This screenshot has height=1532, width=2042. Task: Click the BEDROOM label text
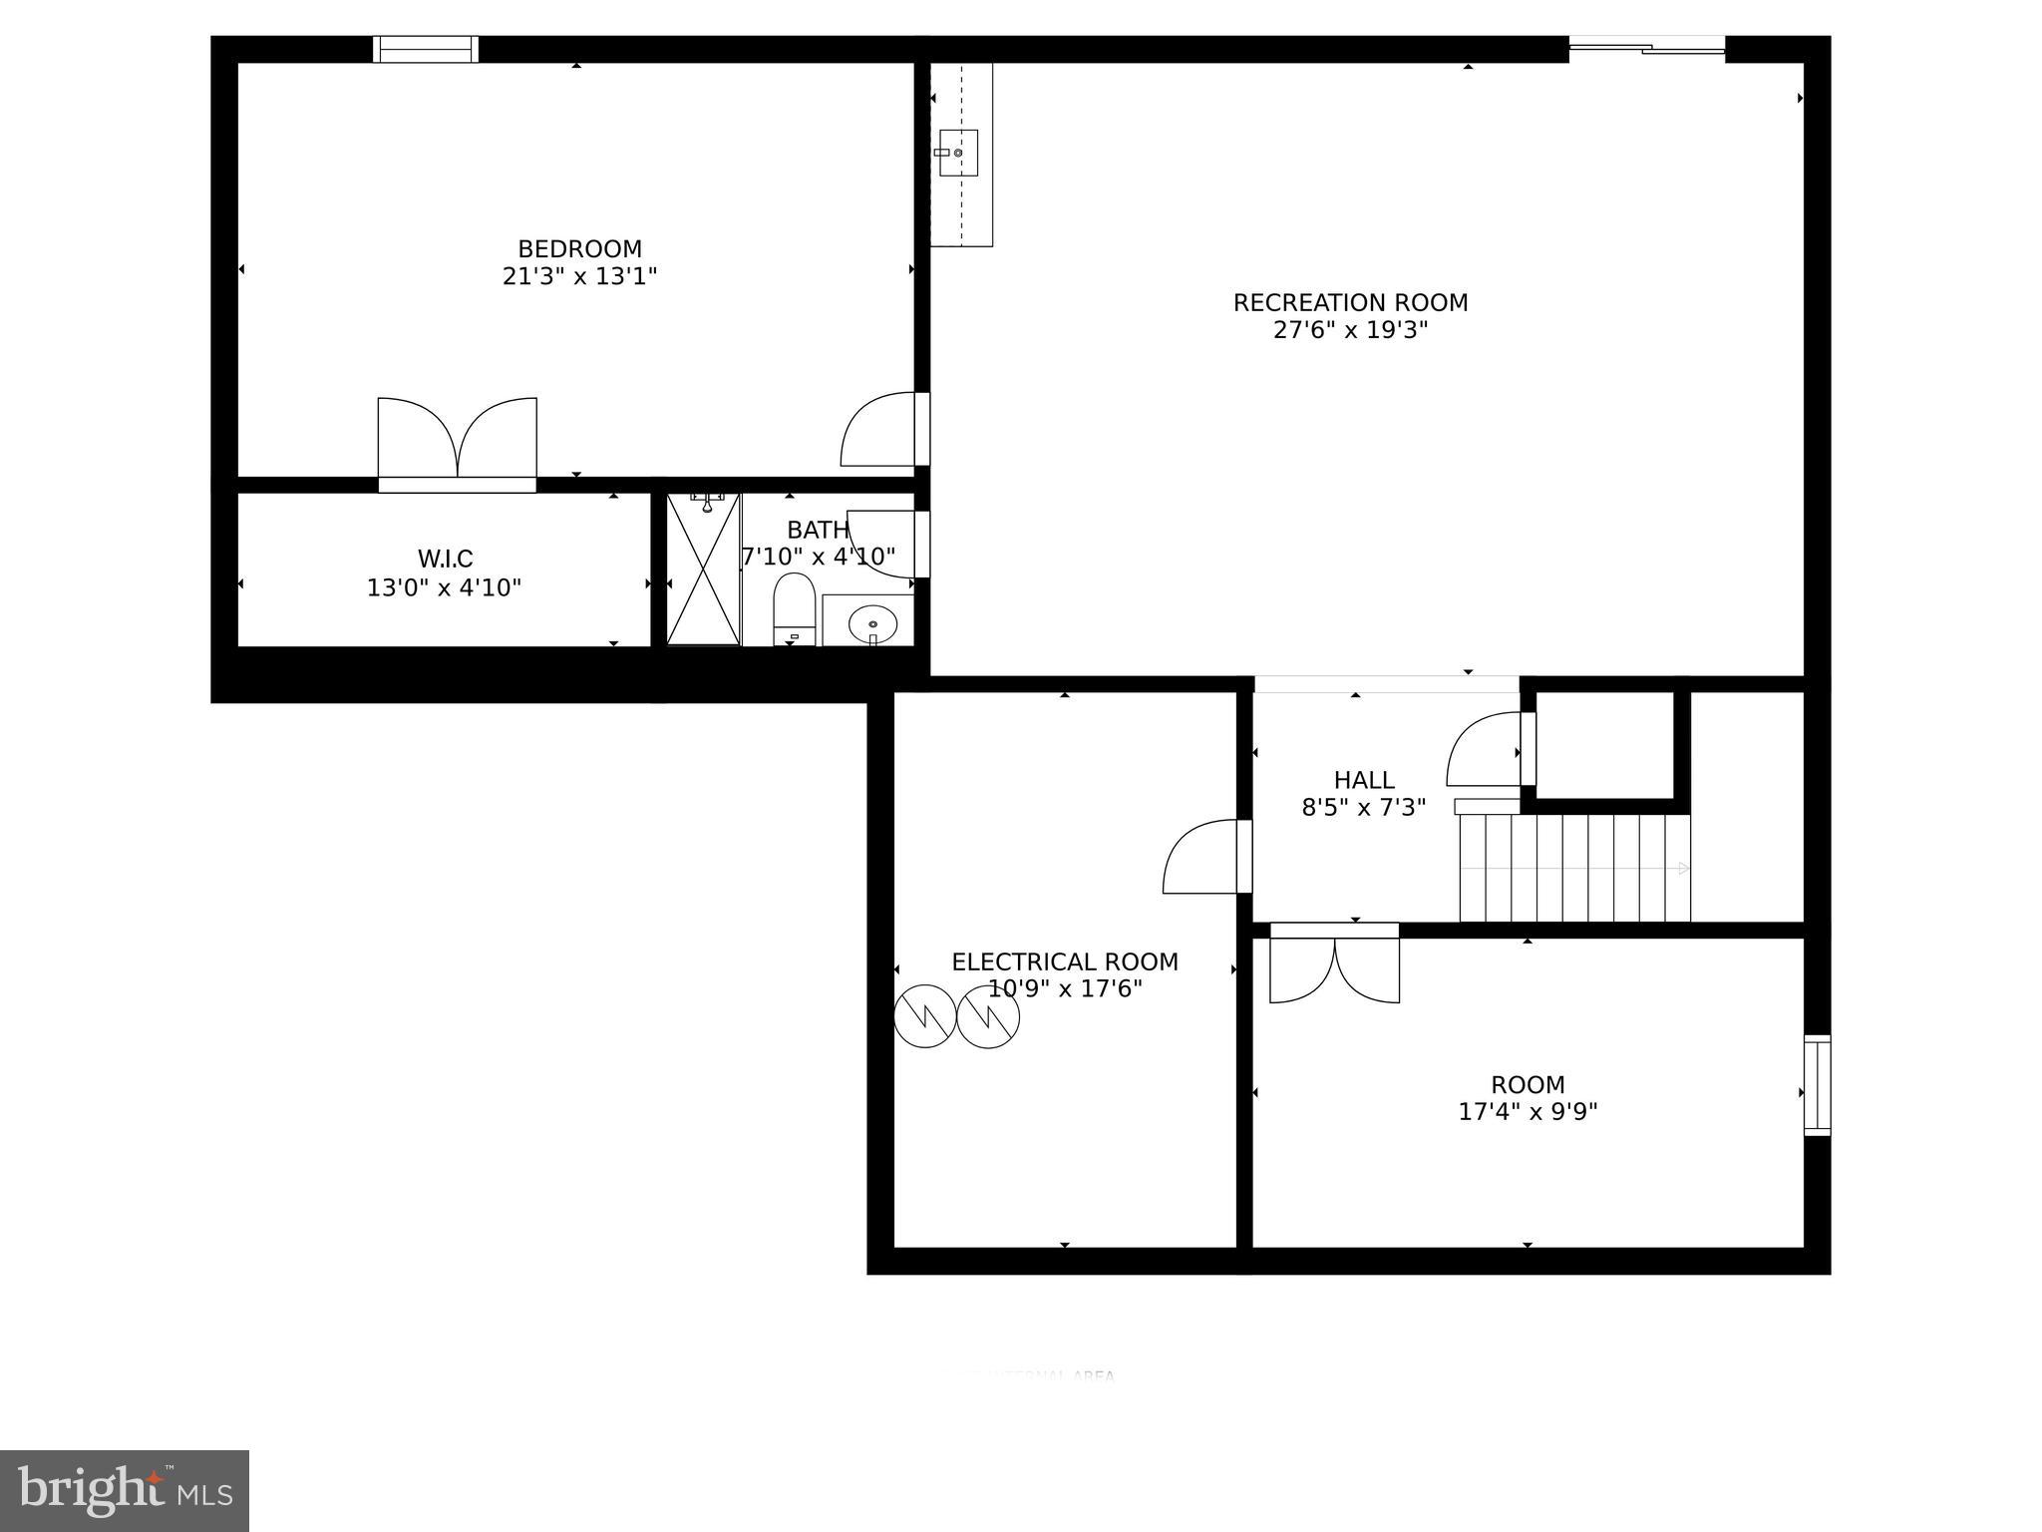[579, 249]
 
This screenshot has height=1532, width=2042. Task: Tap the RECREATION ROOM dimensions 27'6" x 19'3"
[1350, 330]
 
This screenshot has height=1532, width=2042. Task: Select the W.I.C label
[445, 559]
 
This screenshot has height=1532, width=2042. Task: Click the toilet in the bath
[795, 607]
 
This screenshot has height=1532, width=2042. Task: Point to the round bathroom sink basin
[872, 624]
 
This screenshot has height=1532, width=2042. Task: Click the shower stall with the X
[704, 570]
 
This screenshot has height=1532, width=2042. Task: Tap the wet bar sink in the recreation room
[958, 153]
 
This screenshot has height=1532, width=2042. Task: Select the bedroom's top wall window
[426, 49]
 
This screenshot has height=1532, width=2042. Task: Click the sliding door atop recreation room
[1647, 45]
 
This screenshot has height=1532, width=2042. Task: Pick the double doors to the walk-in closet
[457, 444]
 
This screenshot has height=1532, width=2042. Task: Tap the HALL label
[1363, 780]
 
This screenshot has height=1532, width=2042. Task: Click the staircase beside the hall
[1574, 868]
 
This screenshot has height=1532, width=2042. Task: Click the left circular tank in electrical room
[924, 1016]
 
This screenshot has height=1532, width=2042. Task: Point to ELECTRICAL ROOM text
[1064, 962]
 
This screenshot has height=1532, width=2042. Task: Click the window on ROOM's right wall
[1817, 1085]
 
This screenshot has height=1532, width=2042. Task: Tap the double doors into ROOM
[1334, 965]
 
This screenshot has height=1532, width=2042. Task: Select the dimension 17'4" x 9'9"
[1528, 1112]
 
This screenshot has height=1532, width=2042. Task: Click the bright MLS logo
[125, 1490]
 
